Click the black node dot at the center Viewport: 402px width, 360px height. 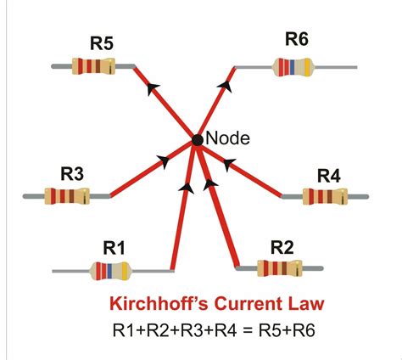(x=197, y=139)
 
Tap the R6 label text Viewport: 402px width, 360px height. (x=297, y=40)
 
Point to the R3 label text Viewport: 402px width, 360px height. (x=72, y=174)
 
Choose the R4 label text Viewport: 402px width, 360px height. (x=328, y=176)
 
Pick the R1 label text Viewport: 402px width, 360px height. (x=114, y=247)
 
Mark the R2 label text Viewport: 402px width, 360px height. (x=282, y=247)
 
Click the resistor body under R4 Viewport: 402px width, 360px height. (x=326, y=198)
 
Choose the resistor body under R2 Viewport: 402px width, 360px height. (x=280, y=269)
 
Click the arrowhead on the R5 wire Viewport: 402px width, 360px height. (x=154, y=88)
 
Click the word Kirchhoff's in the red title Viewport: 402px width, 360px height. (x=157, y=303)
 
